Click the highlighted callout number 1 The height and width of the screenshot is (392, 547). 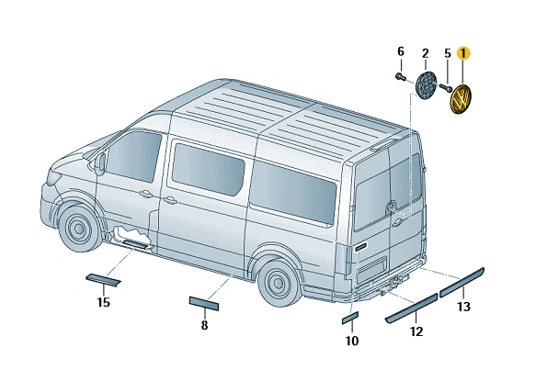(463, 53)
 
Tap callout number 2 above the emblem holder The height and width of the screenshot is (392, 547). (425, 53)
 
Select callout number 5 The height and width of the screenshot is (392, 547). (448, 53)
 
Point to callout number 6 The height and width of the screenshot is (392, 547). (401, 50)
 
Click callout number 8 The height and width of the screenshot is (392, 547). (204, 325)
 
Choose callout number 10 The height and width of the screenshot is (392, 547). (352, 341)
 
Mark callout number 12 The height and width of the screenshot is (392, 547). (416, 331)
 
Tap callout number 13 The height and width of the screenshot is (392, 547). (464, 306)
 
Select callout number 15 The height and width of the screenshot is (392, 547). (104, 302)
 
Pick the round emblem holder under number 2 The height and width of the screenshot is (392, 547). (426, 85)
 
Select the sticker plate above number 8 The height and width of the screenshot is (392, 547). (204, 302)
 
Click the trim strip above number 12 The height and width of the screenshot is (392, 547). (411, 307)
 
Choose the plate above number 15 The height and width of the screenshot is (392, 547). (103, 278)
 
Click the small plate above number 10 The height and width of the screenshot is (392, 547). (349, 318)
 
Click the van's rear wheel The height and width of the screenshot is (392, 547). (278, 282)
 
